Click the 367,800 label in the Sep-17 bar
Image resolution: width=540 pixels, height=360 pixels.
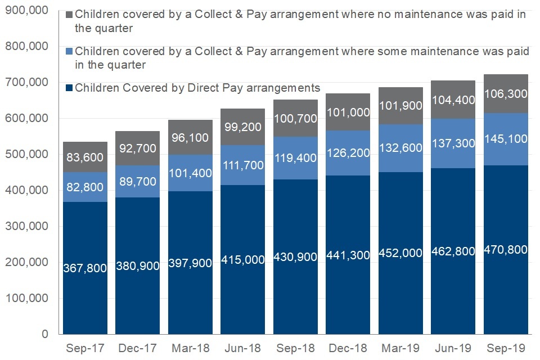coord(85,268)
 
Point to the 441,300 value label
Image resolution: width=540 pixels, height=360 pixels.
coord(348,255)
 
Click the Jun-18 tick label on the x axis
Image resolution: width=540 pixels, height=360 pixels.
coord(243,348)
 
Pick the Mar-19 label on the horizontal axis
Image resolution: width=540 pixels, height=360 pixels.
coord(400,348)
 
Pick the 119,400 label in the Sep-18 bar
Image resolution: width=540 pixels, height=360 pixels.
coord(295,159)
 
